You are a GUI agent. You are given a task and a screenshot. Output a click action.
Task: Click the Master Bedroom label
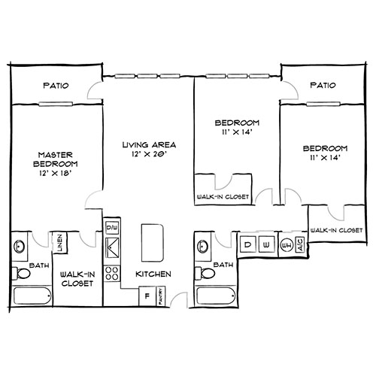pos(57,163)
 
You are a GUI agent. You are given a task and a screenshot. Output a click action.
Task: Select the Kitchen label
pos(153,274)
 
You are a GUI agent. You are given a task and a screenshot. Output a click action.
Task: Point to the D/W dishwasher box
pos(113,226)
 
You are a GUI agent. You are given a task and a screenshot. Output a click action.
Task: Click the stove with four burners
pos(113,273)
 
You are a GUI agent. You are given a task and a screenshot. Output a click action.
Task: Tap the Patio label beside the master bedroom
pos(56,86)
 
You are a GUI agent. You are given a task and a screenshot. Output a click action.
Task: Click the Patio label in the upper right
pos(322,86)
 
